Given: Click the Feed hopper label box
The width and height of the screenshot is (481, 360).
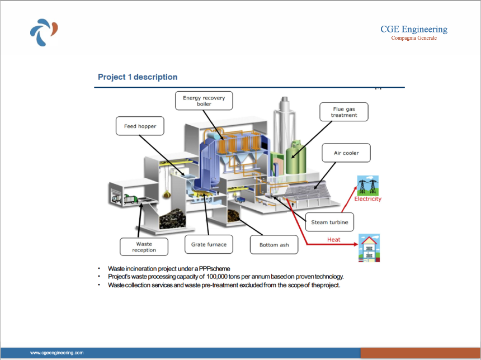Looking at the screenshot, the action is point(140,126).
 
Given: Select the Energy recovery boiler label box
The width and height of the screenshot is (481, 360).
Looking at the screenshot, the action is point(204,101).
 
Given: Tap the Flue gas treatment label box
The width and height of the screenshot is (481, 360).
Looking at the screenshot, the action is point(344,112).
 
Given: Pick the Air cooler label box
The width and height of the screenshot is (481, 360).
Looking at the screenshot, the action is point(346,153).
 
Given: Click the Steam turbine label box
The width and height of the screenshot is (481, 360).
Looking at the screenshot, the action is point(329,222).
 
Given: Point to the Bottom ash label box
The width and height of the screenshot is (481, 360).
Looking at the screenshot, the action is point(274,245).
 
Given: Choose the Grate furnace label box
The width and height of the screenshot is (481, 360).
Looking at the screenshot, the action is point(209,244).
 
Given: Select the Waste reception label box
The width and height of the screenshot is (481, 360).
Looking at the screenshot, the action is point(144,247).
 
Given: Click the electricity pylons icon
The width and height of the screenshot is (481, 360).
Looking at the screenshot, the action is point(368,186).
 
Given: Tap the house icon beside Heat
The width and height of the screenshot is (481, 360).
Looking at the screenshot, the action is point(369,248).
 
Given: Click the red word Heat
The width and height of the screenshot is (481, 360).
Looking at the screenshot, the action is point(334,239).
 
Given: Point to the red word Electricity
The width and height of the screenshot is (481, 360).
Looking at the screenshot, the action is point(368,198).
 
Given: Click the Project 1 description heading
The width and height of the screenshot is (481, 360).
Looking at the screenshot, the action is point(138,77).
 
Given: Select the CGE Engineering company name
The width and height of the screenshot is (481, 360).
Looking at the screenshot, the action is point(414,29).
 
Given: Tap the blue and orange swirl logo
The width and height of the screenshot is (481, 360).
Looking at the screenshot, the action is point(44,32).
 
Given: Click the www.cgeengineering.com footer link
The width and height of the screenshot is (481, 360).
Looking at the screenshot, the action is point(56,353).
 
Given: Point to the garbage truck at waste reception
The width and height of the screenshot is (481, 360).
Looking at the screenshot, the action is point(131,200).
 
